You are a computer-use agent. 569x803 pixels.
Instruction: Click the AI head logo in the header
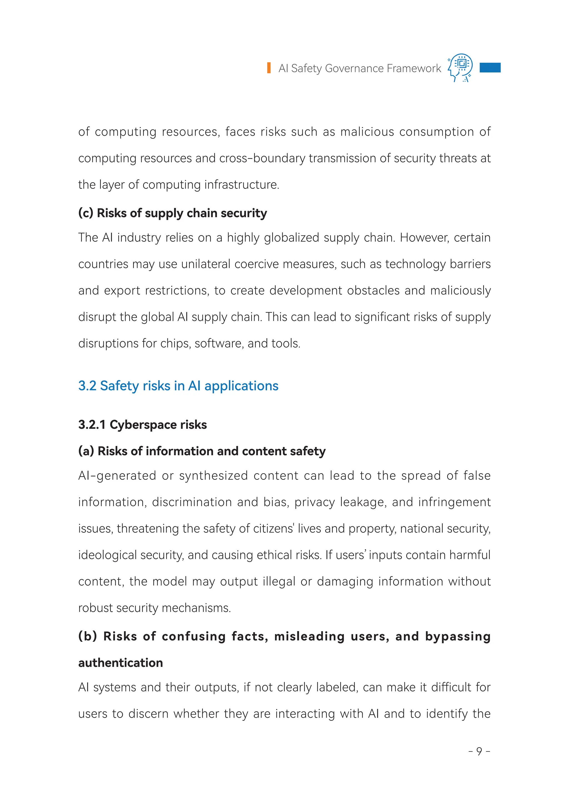[x=460, y=67]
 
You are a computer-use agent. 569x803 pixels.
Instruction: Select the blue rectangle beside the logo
[x=490, y=67]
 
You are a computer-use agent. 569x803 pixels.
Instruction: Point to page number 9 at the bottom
[x=479, y=751]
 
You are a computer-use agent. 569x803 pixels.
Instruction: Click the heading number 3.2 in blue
[x=87, y=386]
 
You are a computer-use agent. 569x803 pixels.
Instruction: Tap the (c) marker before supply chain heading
[x=86, y=213]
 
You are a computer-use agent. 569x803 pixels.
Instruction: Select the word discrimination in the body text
[x=192, y=502]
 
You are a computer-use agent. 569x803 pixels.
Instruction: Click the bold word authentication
[x=121, y=663]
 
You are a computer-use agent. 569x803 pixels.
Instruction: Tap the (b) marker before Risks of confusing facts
[x=87, y=636]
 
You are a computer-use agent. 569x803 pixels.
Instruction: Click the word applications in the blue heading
[x=241, y=386]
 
